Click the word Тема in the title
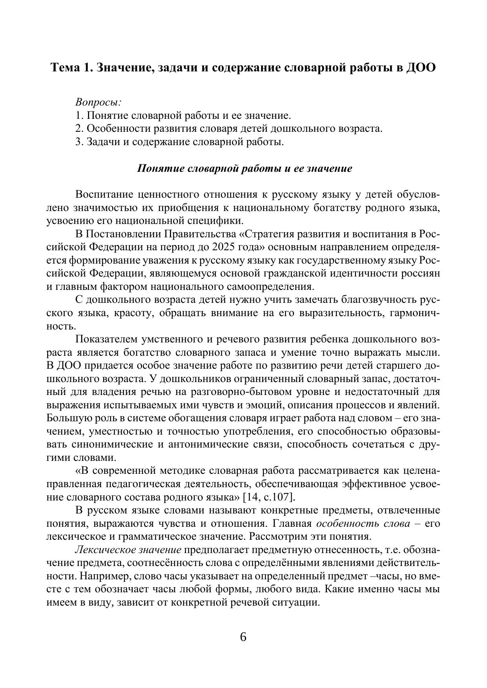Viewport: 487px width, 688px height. (65, 67)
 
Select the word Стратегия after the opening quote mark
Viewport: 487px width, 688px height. (267, 234)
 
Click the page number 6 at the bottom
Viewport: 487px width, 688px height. (243, 637)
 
